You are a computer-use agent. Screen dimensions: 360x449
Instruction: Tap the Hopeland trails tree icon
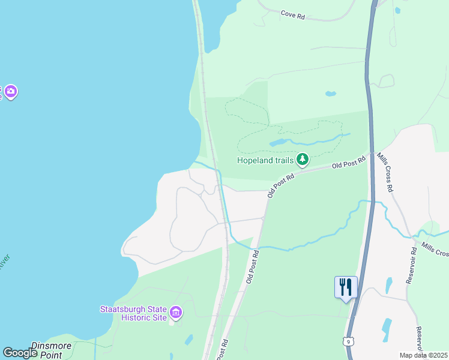pos(303,160)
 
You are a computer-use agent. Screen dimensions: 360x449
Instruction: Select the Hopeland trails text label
pos(265,160)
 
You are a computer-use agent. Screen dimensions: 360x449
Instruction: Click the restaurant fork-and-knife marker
pos(346,287)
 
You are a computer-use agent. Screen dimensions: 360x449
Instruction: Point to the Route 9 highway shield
pos(348,341)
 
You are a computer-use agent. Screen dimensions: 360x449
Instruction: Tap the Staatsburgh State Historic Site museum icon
pos(176,312)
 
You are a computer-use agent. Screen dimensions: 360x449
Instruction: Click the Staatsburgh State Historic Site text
pos(133,313)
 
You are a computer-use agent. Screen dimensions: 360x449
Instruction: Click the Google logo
pos(20,353)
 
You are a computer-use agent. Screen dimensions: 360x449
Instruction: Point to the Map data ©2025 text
pos(423,355)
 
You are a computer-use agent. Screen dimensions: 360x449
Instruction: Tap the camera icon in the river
pos(11,92)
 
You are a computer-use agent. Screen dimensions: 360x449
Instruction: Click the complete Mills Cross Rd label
pos(385,172)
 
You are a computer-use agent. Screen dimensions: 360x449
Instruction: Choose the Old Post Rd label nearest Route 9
pos(349,163)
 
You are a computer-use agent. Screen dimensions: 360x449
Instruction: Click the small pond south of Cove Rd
pos(330,94)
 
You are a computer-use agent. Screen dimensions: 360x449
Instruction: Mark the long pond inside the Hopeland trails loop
pos(277,143)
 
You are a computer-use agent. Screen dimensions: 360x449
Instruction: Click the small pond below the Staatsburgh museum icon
pos(189,340)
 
